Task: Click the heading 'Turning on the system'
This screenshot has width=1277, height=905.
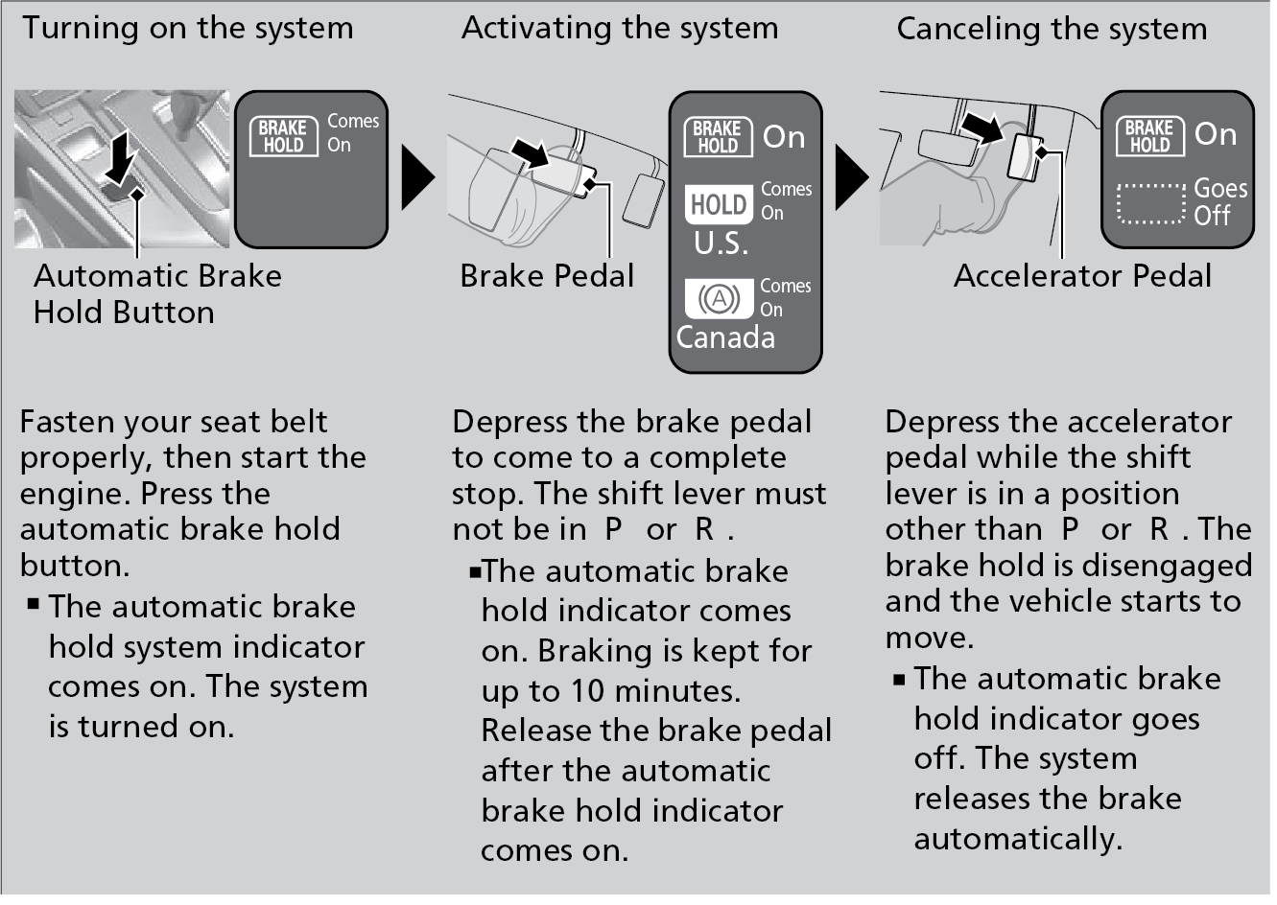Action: tap(188, 28)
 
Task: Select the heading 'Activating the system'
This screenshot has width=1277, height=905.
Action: tap(619, 28)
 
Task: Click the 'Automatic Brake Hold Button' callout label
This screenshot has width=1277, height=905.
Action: tap(157, 294)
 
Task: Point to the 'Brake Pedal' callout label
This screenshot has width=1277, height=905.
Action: tap(547, 276)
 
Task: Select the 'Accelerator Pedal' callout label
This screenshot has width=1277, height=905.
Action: tap(1082, 276)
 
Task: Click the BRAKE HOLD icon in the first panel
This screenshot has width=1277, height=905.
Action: tap(283, 136)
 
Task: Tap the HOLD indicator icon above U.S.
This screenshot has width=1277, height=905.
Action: tap(719, 204)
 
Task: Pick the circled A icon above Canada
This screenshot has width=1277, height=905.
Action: tap(719, 299)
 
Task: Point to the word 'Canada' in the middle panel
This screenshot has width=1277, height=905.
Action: tap(725, 337)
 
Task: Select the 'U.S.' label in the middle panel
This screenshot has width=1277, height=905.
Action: tap(721, 244)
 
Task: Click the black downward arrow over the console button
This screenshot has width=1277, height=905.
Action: tap(120, 157)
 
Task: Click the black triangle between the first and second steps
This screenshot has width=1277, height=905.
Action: tap(417, 176)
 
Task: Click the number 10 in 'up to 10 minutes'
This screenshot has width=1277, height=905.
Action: tap(587, 691)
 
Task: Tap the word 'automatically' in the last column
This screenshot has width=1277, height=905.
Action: tap(1018, 839)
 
